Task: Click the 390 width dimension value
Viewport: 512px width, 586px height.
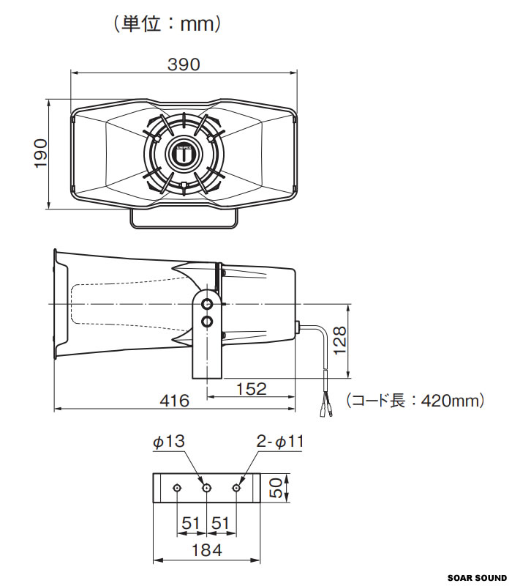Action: (x=184, y=64)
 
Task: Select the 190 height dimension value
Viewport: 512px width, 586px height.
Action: (x=41, y=154)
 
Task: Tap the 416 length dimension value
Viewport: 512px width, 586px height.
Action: (x=174, y=401)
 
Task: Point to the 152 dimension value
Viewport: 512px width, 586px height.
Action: (x=252, y=389)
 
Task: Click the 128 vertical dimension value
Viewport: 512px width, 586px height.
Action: (x=339, y=341)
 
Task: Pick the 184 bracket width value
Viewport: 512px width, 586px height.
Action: (x=206, y=550)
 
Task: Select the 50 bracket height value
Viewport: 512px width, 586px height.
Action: (x=276, y=489)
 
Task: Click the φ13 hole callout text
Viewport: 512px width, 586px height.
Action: (x=169, y=442)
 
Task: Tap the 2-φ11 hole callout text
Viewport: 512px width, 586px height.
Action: (x=280, y=442)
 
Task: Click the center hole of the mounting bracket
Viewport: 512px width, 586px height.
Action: (x=206, y=488)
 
